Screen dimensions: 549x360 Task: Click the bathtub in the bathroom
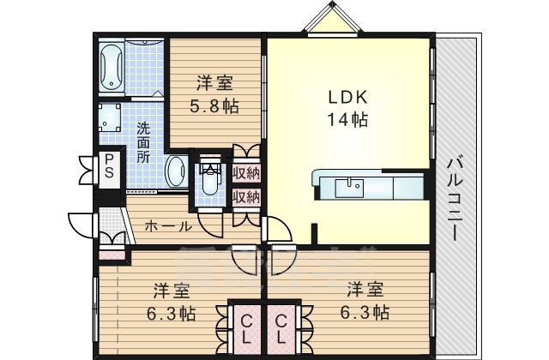pos(112,68)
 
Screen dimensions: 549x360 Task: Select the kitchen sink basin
pos(349,189)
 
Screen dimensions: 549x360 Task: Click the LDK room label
pos(347,97)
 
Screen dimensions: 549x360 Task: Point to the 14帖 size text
pos(347,120)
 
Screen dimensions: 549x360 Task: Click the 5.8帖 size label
pos(214,105)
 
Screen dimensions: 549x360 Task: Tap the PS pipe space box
pos(109,166)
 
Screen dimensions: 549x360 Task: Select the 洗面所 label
pos(143,143)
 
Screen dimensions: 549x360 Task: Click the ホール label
pos(168,226)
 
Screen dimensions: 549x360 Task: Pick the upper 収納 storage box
pos(246,173)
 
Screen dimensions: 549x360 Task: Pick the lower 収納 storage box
pos(246,197)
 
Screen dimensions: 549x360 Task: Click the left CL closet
pos(246,329)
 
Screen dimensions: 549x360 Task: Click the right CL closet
pos(281,329)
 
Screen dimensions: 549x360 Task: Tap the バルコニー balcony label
pos(455,199)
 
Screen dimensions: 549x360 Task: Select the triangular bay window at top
pos(332,18)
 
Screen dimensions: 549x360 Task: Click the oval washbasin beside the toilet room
pos(176,172)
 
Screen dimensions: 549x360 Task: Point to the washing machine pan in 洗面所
pos(111,117)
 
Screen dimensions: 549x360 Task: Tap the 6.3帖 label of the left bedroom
pos(171,314)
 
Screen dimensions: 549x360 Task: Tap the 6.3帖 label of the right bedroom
pos(365,312)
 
